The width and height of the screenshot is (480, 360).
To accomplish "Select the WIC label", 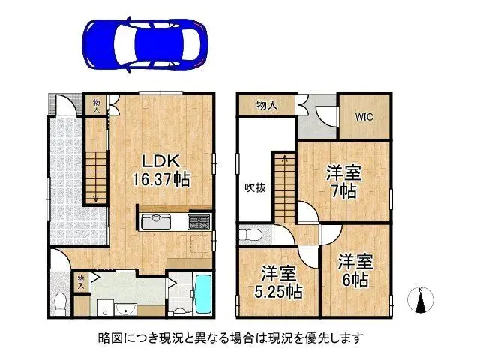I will (x=364, y=117).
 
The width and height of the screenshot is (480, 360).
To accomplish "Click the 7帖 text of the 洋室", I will (x=344, y=190).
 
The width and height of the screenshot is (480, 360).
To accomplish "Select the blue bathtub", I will (x=203, y=295).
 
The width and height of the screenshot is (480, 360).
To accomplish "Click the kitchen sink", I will (x=154, y=222).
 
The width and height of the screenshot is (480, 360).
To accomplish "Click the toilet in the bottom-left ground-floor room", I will (x=61, y=301).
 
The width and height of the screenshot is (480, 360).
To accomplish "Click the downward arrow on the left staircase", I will (x=97, y=196).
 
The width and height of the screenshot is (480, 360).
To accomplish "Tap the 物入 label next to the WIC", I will (x=265, y=106).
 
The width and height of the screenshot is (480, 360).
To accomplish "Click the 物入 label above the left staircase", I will (x=97, y=105).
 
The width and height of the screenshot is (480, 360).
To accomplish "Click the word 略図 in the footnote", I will (x=109, y=337).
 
